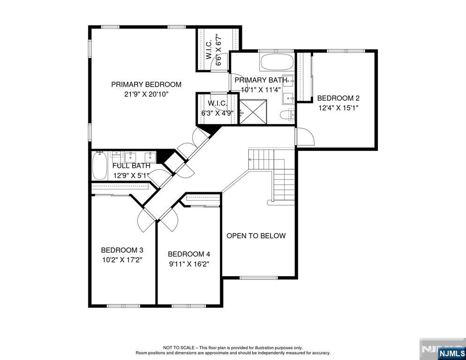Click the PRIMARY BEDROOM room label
pos(146,84)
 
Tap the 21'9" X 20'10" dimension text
pos(147,94)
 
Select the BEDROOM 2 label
pos(338,98)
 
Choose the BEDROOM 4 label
pos(189,254)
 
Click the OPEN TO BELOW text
pos(256,236)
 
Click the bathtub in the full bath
pos(99,166)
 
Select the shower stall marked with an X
pos(253,112)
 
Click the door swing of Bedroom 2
pos(306,136)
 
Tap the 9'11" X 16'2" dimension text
pos(189,264)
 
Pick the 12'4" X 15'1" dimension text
pos(338,108)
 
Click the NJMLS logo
pos(451,353)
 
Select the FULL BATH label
pos(131,166)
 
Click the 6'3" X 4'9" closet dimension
pos(218,113)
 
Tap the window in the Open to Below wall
pos(259,278)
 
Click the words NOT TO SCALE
pos(179,348)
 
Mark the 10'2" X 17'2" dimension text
pos(122,260)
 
